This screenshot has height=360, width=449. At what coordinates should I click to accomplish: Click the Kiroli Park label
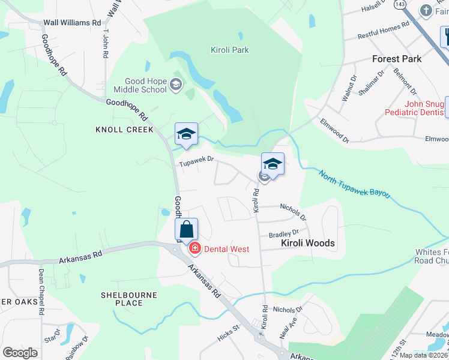230,50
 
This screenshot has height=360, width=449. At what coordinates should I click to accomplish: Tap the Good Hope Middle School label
145,86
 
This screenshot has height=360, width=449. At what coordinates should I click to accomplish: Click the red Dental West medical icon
194,248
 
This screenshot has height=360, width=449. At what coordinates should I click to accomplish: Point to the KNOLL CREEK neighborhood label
125,130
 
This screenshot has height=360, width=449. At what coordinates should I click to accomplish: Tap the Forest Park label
397,59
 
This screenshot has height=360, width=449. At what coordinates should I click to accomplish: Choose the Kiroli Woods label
308,244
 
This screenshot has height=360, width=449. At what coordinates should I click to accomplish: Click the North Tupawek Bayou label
355,185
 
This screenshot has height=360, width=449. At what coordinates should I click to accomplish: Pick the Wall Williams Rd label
72,23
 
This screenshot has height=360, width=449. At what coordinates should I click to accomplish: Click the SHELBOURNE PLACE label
129,299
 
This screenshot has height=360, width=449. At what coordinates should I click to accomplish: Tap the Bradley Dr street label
284,233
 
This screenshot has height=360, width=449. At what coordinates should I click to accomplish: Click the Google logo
20,353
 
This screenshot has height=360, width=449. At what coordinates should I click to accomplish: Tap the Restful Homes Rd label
383,30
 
